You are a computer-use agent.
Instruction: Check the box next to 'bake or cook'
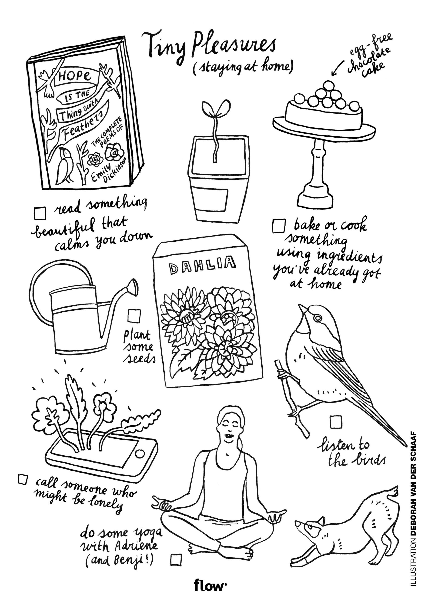pyautogui.click(x=279, y=226)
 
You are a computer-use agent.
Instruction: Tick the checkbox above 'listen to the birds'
pyautogui.click(x=336, y=422)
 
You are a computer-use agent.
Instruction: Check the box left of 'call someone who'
pyautogui.click(x=23, y=479)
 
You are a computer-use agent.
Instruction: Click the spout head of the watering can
pyautogui.click(x=133, y=287)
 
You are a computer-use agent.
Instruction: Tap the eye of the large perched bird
pyautogui.click(x=317, y=318)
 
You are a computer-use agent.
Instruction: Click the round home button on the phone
pyautogui.click(x=140, y=454)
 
